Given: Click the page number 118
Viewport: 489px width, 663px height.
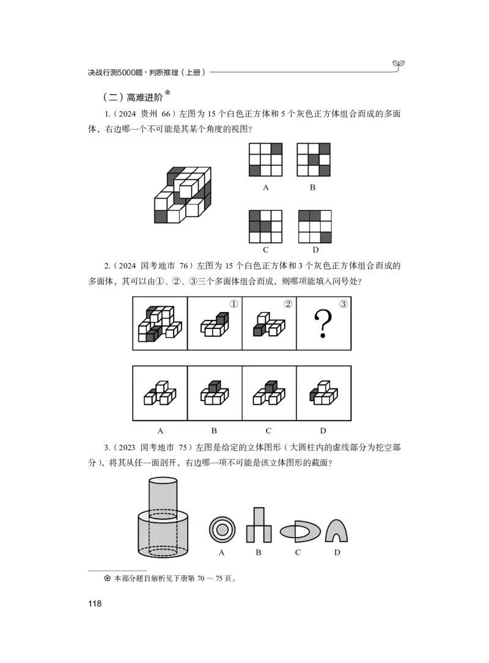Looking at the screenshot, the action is click(95, 604).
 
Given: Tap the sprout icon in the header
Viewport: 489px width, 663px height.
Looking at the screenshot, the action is click(398, 65).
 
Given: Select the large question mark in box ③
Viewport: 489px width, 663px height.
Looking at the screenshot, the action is click(323, 324).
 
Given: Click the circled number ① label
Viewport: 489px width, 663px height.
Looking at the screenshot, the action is click(233, 304).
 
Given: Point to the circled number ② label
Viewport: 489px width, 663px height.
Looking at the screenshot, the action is click(288, 304).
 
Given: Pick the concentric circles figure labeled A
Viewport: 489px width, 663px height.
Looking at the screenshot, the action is click(222, 530).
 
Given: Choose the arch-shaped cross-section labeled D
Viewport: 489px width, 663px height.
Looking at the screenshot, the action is click(336, 531).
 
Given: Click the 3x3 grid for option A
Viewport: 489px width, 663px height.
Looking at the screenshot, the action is click(265, 160).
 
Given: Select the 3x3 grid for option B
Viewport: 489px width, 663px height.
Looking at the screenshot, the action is click(314, 160).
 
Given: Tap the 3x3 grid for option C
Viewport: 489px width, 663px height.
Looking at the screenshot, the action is click(265, 226).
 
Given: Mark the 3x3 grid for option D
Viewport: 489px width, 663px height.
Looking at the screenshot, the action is click(315, 226).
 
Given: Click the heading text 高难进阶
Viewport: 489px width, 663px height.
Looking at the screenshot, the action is click(144, 97).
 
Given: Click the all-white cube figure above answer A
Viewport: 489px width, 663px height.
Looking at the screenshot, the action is click(160, 393).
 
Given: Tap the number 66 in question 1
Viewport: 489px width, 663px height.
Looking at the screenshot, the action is click(166, 114).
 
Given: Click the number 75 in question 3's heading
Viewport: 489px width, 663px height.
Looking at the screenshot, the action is click(183, 447).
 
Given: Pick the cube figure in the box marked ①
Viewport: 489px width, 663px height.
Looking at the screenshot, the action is click(215, 325).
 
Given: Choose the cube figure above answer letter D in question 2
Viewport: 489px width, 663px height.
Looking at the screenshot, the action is click(323, 393).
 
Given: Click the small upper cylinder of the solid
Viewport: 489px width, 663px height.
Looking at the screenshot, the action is click(163, 498).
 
